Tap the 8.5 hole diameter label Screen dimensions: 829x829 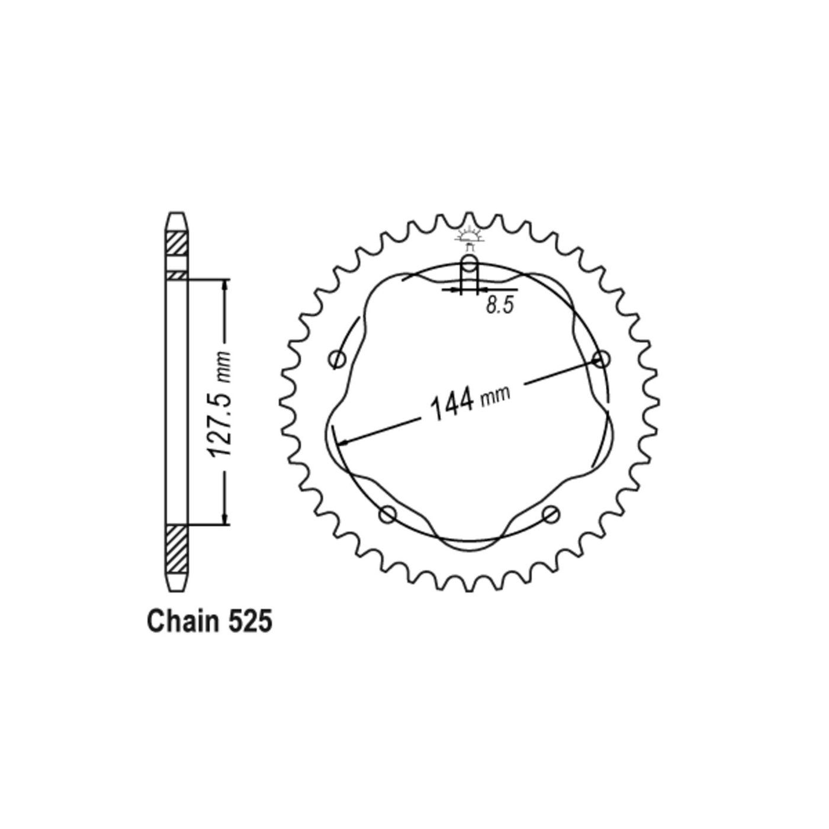[500, 306]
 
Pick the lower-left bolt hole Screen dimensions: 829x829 [388, 513]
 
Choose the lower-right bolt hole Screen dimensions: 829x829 [551, 513]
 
